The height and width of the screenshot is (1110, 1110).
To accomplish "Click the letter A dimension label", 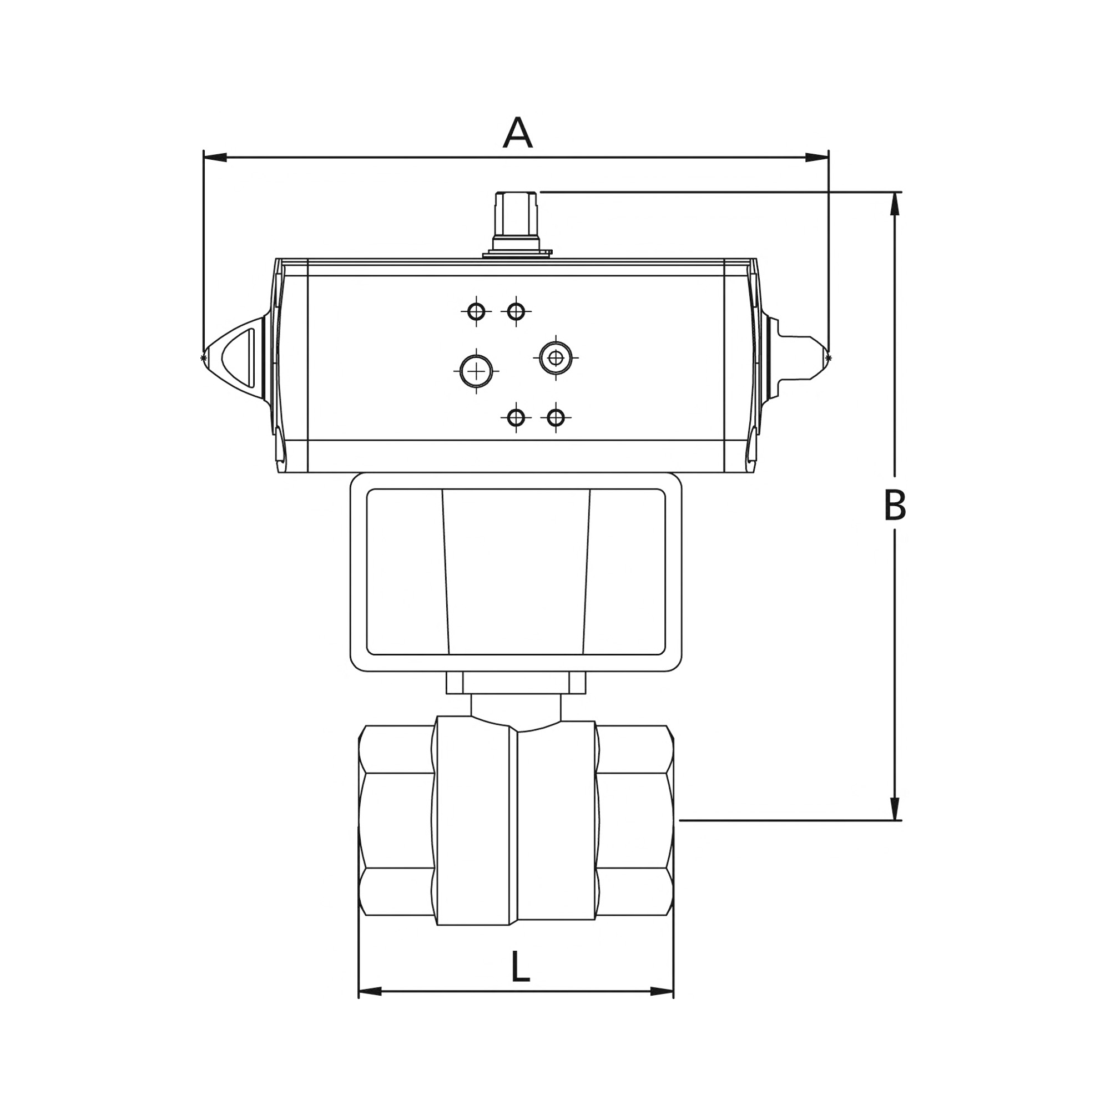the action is tap(518, 133).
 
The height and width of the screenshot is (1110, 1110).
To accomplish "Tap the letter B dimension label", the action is tap(895, 506).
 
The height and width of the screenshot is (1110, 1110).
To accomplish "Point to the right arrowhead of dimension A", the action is tap(816, 158).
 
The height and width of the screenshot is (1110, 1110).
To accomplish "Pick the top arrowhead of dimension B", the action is tap(895, 204).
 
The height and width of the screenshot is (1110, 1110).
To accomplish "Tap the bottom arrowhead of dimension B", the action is tap(895, 809).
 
